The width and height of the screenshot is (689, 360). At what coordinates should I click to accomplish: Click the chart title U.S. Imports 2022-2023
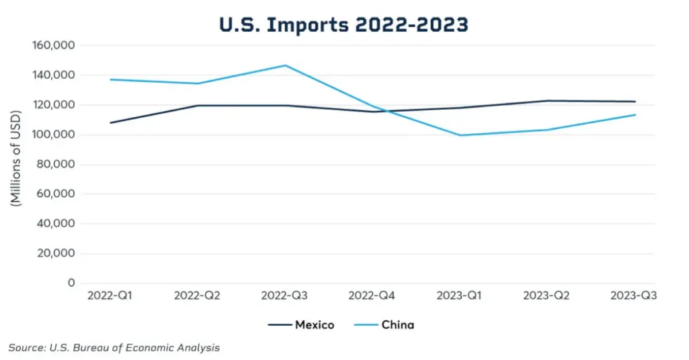[344, 25]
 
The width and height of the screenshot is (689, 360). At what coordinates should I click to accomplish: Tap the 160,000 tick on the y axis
[53, 45]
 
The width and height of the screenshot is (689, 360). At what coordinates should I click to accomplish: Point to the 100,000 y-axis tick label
[53, 135]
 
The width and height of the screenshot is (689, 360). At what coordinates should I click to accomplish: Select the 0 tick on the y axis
[71, 283]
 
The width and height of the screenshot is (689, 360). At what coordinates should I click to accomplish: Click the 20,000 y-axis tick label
[56, 254]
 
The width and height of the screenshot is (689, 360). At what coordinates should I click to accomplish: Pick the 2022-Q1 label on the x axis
[110, 296]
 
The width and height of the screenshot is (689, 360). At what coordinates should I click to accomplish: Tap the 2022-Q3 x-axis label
[285, 296]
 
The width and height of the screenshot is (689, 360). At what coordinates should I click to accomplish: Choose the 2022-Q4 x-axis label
[373, 296]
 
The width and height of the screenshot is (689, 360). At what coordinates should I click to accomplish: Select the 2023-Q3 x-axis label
[633, 296]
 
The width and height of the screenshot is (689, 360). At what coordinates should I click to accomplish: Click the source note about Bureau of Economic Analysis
[114, 348]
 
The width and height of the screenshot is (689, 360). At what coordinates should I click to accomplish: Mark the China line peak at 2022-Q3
[285, 65]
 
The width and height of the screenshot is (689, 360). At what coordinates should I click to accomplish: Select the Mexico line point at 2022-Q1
[110, 122]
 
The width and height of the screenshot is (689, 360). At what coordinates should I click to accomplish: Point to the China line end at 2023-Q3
[635, 114]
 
